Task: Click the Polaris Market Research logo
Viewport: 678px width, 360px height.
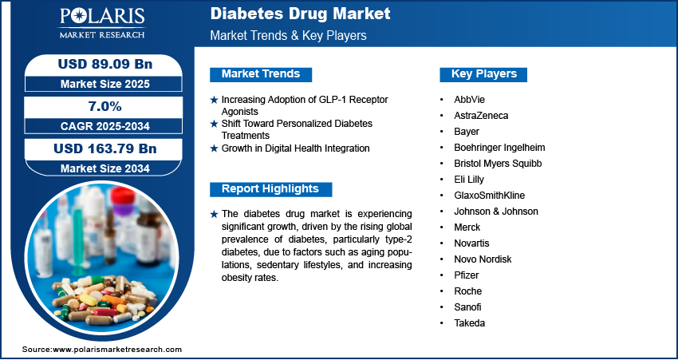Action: coord(102,22)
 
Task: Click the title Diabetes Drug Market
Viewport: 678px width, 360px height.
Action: coord(300,14)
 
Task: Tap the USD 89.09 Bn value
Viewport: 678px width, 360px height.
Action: coord(105,64)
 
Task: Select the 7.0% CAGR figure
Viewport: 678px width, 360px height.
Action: coord(105,106)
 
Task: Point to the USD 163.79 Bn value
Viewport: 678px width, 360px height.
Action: coord(105,148)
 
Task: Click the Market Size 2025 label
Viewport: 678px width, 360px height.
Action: coord(105,84)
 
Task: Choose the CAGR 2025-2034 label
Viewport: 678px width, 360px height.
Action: coord(105,126)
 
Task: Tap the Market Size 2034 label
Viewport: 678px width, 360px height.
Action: coord(105,168)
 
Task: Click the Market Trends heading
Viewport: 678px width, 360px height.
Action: coord(261,74)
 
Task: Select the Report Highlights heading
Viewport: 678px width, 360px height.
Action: coord(270,189)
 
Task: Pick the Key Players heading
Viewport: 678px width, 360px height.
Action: coord(483,74)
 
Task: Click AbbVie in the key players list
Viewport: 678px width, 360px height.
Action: coord(469,100)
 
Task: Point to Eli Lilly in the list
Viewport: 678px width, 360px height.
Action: coord(469,179)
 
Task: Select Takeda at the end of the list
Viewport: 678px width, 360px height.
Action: coord(469,323)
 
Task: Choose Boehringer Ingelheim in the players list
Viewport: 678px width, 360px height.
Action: coord(499,148)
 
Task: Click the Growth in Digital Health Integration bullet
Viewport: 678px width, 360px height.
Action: coord(295,148)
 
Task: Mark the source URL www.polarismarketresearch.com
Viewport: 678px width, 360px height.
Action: coord(117,350)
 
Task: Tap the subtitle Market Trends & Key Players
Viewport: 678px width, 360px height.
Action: coord(288,35)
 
